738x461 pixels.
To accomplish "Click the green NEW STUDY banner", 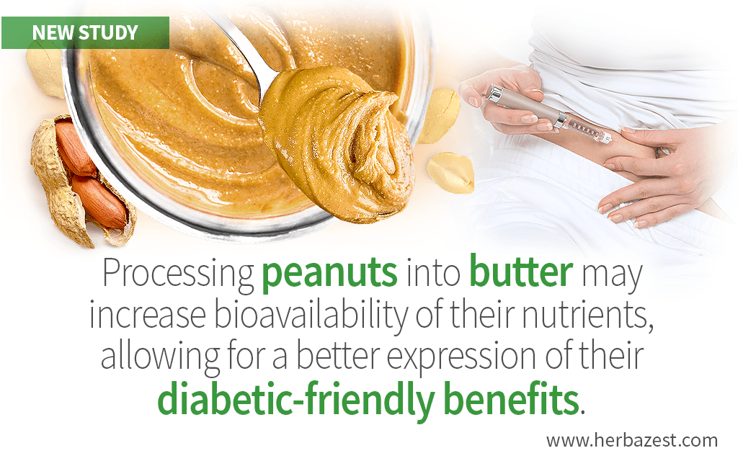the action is [x=85, y=32].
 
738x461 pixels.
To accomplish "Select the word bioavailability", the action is [x=311, y=315].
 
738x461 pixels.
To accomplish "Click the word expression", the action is [x=461, y=357].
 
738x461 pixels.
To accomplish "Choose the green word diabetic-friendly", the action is [x=295, y=400].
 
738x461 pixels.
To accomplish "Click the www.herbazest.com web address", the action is [x=632, y=441].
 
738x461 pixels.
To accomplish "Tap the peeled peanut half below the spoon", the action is [x=450, y=173].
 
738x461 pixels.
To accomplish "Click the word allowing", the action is [x=159, y=357].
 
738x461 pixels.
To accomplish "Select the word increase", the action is [x=148, y=315].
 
